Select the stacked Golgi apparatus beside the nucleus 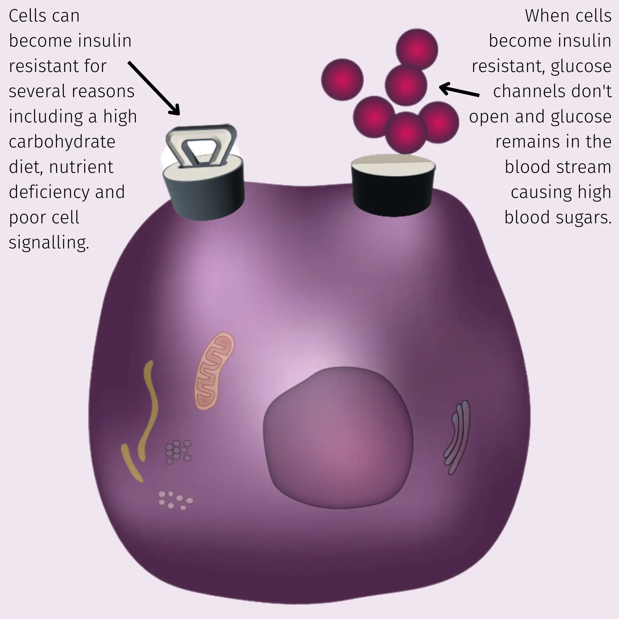click(x=457, y=437)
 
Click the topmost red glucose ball click(x=417, y=49)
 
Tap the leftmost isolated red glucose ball click(x=342, y=80)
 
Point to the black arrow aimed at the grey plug click(x=154, y=88)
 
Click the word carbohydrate click(x=62, y=142)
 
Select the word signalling click(x=49, y=242)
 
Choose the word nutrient click(x=81, y=167)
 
